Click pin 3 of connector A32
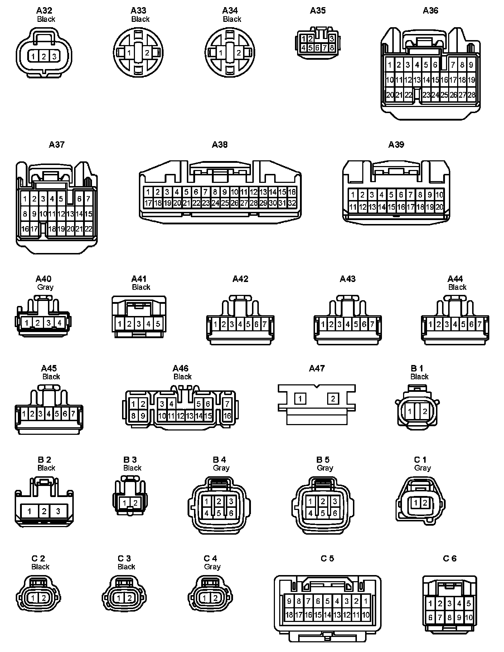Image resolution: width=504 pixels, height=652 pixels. pos(54,57)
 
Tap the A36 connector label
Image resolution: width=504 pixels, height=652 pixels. pos(430,11)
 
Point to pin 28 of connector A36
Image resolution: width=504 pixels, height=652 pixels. pos(471,95)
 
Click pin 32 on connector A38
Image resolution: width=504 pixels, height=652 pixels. pos(292,203)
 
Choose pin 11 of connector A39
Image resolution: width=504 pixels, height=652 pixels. pos(353,207)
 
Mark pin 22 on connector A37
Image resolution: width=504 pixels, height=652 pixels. pos(88,229)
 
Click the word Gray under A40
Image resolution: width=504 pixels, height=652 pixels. pos(45,287)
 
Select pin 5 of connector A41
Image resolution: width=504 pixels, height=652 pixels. pos(158,324)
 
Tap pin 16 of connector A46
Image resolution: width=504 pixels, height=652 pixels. pos(227,416)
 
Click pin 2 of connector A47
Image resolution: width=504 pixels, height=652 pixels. pos(333,399)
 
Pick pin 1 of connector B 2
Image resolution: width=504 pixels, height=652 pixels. pos(29,511)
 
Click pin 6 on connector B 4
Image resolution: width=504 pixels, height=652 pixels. pos(231,513)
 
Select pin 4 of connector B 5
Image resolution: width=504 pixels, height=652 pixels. pos(311,513)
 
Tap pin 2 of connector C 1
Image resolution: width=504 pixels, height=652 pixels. pos(425,503)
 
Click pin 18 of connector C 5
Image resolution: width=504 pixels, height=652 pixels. pos(289,615)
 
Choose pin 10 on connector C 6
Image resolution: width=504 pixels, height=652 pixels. pos(469,617)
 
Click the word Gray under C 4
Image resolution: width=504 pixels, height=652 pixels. pos(212,567)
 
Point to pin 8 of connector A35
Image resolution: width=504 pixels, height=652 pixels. pos(332,48)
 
